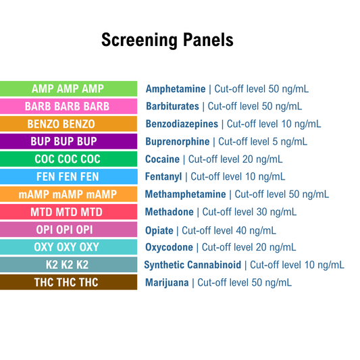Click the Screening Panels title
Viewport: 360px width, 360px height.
point(167,40)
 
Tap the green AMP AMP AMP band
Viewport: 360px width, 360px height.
point(68,88)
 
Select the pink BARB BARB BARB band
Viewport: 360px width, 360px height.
point(68,106)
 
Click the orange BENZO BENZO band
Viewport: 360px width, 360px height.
point(68,124)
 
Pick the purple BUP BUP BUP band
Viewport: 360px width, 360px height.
point(68,141)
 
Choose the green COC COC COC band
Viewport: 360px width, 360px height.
point(68,159)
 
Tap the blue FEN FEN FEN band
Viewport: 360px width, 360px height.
point(68,176)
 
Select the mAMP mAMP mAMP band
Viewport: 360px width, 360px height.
point(68,194)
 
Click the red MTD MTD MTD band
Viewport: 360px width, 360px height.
point(68,211)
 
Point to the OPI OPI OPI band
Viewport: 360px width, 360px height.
point(68,230)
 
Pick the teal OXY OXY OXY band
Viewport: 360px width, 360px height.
point(68,247)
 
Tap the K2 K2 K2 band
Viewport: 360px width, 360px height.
point(68,265)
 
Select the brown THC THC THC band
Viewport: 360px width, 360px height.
point(68,282)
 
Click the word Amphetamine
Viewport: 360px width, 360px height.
point(176,88)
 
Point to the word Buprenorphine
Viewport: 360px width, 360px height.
point(178,141)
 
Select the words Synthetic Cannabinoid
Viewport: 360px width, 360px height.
point(192,265)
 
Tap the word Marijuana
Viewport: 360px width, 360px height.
point(167,282)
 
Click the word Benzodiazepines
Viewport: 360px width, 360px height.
point(182,124)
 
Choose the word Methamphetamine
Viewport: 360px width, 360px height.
point(186,194)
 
